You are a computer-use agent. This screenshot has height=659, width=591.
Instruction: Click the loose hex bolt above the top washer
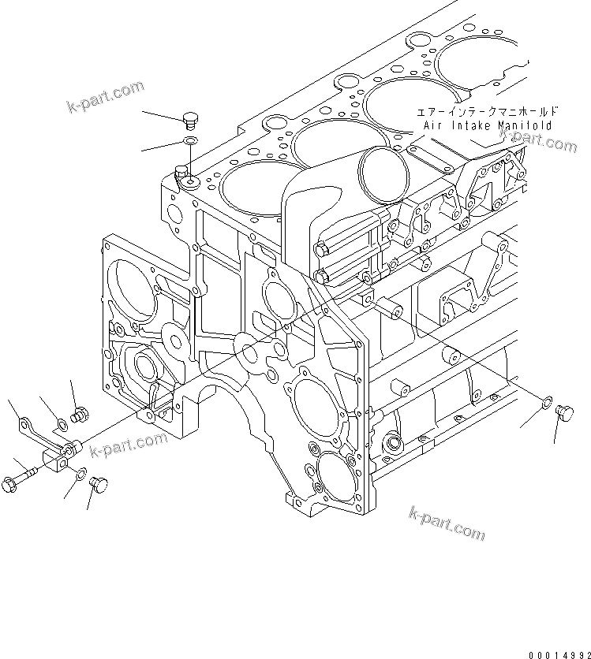(x=189, y=119)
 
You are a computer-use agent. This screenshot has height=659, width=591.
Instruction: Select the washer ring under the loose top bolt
(x=190, y=140)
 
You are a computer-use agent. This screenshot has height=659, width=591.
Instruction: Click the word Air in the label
(x=434, y=125)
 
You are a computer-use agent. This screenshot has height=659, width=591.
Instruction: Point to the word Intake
(x=475, y=125)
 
